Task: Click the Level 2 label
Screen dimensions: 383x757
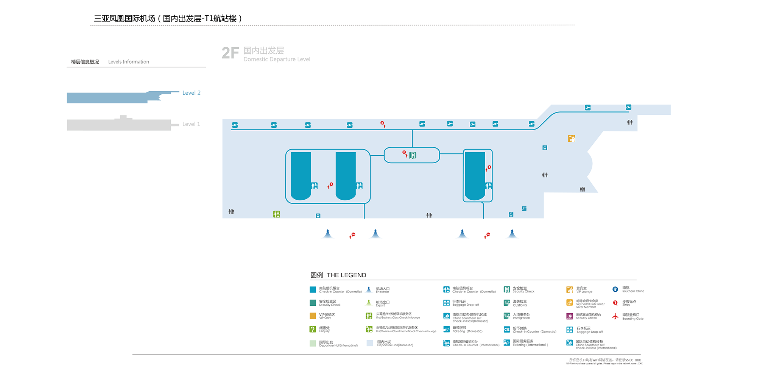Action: pos(191,93)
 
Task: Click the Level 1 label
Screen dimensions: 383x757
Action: pos(191,124)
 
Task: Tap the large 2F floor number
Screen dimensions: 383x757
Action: pos(230,53)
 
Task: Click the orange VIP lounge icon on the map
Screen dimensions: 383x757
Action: pos(572,139)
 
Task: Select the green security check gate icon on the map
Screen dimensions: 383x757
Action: pos(413,155)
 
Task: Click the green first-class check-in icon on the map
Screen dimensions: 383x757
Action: pos(277,214)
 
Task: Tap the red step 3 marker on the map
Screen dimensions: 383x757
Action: pos(383,124)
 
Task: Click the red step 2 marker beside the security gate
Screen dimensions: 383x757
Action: pos(405,153)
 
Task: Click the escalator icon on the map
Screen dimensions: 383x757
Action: pos(524,208)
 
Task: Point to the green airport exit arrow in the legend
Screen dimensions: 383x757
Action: pos(369,303)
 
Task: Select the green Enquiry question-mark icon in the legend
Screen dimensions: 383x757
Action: pos(313,329)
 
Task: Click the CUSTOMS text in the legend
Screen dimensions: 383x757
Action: pos(520,305)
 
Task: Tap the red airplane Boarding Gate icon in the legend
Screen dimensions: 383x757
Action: pos(615,316)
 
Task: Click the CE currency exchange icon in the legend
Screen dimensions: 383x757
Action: pos(507,330)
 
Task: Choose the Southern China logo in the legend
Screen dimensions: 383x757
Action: pos(615,289)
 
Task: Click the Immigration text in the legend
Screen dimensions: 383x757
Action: pos(521,318)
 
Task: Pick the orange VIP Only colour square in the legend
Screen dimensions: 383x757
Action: pos(313,316)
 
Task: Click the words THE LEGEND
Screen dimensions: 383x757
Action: pos(346,275)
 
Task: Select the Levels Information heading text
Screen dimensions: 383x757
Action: pos(129,62)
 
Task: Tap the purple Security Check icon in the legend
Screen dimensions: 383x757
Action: pos(570,316)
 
